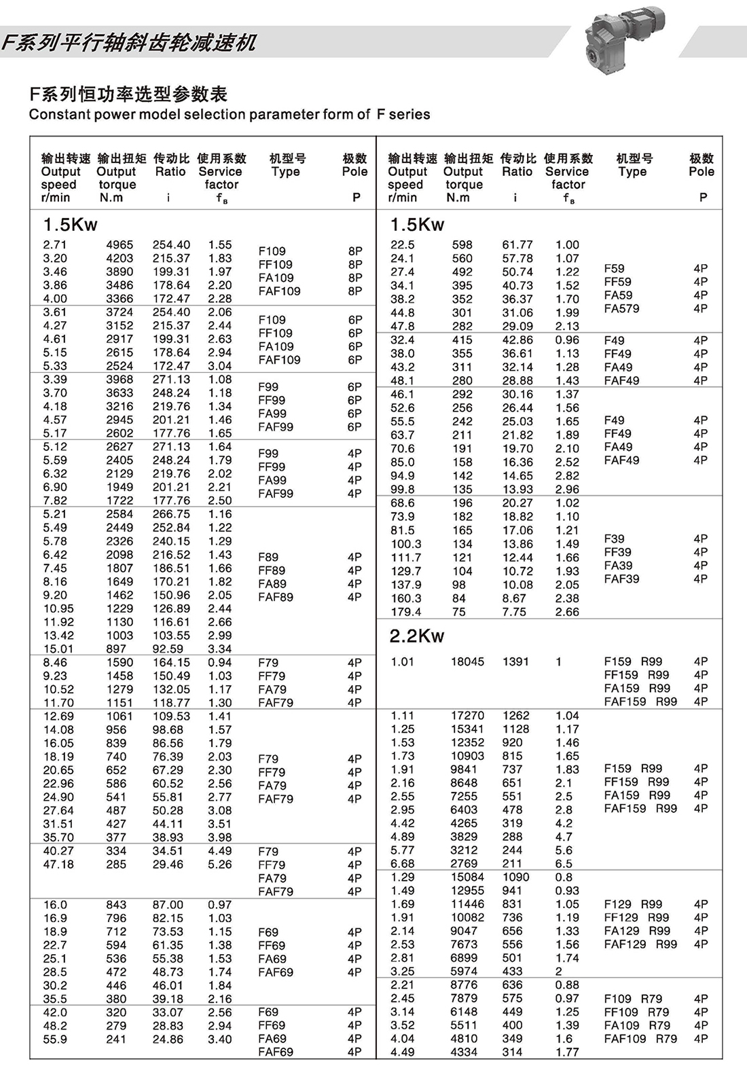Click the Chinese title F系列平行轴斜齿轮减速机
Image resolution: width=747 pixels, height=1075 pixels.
(129, 43)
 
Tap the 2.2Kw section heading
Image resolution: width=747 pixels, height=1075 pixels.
(416, 636)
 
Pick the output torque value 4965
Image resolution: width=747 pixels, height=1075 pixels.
(120, 244)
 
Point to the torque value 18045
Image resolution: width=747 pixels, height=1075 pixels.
(467, 661)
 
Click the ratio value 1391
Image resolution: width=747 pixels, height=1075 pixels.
(515, 661)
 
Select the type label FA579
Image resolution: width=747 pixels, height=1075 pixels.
(621, 308)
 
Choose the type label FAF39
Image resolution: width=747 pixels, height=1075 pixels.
(621, 579)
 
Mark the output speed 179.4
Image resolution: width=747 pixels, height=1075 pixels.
(406, 612)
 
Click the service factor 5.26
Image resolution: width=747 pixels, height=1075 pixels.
(220, 864)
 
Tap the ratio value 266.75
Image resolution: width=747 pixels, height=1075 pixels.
(171, 514)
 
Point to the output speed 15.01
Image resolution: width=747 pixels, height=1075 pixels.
(58, 649)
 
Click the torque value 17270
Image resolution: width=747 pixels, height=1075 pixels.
(467, 716)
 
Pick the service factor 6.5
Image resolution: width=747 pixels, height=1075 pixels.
(564, 864)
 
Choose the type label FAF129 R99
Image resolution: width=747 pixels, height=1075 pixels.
(640, 944)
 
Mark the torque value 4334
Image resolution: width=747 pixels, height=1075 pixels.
(464, 1052)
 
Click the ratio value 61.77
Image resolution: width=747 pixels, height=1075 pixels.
(517, 244)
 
